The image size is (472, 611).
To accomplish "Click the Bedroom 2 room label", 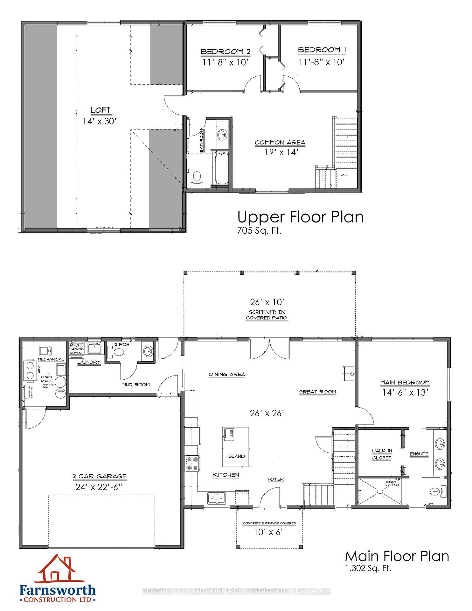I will pyautogui.click(x=225, y=52).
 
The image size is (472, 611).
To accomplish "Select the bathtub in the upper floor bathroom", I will pyautogui.click(x=222, y=169).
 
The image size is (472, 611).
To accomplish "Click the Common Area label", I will pyautogui.click(x=280, y=143).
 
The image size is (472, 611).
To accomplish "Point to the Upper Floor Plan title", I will pyautogui.click(x=300, y=217).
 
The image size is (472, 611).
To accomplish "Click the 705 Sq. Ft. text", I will pyautogui.click(x=259, y=231).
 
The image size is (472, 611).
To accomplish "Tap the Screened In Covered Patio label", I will pyautogui.click(x=267, y=315).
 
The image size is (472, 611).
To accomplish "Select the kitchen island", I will pyautogui.click(x=235, y=447).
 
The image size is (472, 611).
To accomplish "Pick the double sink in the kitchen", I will pyautogui.click(x=217, y=498).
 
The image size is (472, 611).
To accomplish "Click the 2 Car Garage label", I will pyautogui.click(x=100, y=476).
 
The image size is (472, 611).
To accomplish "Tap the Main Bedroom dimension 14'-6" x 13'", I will pyautogui.click(x=405, y=392).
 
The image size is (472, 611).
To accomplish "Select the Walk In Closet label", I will pyautogui.click(x=382, y=454).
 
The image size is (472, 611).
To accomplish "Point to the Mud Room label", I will pyautogui.click(x=136, y=385).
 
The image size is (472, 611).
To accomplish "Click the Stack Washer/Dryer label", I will pyautogui.click(x=76, y=349).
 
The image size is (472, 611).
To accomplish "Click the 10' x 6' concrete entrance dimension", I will pyautogui.click(x=269, y=532).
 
